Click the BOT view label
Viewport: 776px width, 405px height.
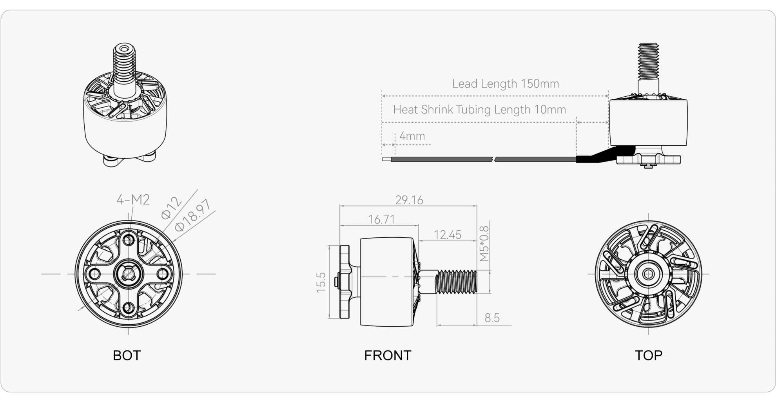[127, 355]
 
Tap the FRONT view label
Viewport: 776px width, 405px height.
[388, 355]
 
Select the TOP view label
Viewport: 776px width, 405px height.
[649, 355]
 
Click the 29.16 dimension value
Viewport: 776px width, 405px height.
[409, 200]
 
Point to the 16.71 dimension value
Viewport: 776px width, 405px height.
[381, 219]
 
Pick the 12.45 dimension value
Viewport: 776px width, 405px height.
[448, 235]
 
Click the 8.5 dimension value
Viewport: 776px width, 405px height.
[492, 318]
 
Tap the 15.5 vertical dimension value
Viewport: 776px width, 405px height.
[321, 282]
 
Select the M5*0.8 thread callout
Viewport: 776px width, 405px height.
[484, 244]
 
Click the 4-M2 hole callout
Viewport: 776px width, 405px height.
[133, 200]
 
